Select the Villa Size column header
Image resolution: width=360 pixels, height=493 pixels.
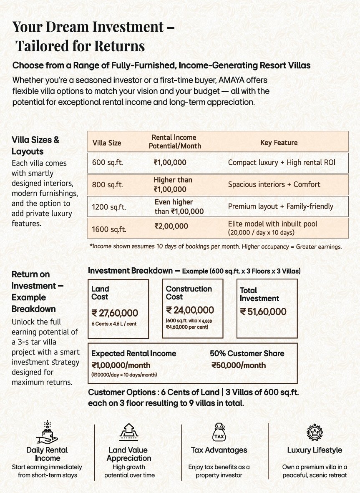[107, 143]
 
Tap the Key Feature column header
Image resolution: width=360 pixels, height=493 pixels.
[279, 142]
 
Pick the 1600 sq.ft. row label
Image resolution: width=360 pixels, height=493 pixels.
[109, 229]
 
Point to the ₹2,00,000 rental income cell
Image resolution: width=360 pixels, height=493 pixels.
[171, 226]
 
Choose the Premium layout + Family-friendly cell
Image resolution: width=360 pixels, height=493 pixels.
[280, 206]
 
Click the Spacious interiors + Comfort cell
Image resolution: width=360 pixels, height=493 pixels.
[274, 184]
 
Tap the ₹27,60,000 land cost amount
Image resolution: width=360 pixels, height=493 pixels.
[115, 313]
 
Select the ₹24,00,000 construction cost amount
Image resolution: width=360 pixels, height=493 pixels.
[190, 310]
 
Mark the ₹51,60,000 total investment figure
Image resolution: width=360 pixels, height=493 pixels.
[263, 312]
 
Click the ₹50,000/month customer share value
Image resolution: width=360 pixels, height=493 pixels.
[239, 365]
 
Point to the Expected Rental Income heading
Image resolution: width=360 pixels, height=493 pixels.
[133, 353]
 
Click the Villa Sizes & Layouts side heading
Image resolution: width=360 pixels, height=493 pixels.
[35, 146]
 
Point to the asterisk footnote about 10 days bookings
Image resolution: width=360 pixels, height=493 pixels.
[216, 246]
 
